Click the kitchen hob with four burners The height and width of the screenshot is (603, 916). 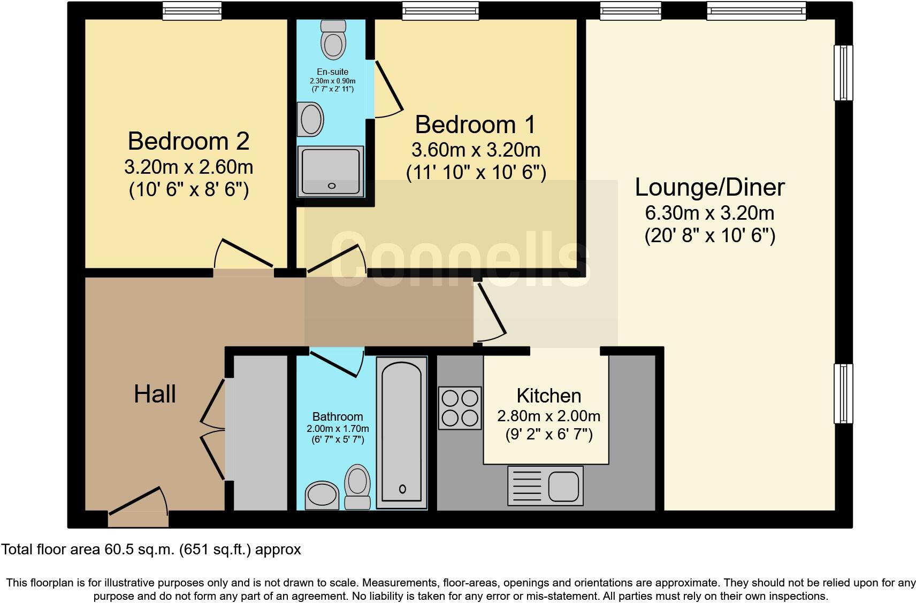pos(460,408)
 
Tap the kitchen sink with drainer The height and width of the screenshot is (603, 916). pos(545,485)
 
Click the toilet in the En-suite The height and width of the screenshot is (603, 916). pos(333,40)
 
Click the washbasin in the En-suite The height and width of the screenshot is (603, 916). pos(311,119)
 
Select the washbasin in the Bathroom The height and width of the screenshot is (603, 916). pos(322,495)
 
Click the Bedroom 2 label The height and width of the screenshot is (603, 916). pos(188,141)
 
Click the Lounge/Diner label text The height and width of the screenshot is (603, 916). pos(709,187)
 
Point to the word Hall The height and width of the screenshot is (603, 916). pos(155,395)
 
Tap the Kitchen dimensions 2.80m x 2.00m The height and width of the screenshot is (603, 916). pos(548,416)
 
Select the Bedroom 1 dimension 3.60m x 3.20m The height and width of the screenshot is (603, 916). pos(475,150)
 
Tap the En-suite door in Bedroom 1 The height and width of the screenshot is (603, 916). pos(387,88)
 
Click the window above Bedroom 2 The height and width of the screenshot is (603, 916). pos(192,11)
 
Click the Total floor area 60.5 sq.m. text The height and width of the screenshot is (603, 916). pos(151,549)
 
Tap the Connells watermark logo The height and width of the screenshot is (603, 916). pos(460,259)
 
